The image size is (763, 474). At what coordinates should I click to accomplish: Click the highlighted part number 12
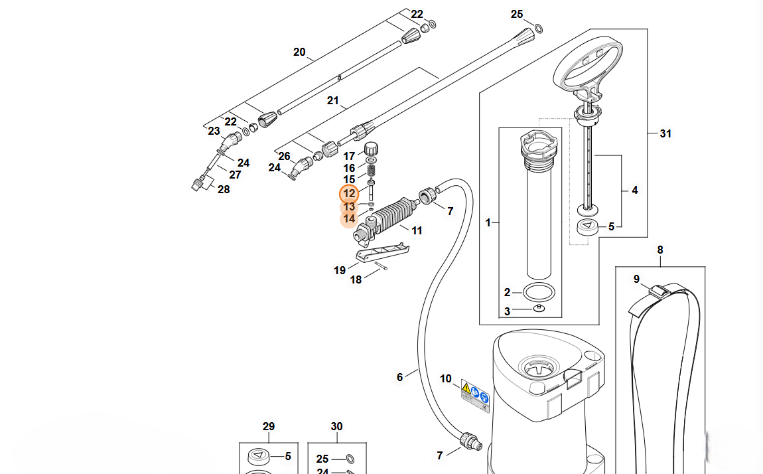point(349,194)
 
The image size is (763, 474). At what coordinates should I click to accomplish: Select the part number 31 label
point(665,133)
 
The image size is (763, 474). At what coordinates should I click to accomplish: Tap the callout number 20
point(299,52)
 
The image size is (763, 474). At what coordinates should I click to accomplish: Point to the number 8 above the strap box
point(660,250)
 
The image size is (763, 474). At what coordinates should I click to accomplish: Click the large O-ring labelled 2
point(539,293)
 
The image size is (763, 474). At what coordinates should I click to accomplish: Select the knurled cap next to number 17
point(372,148)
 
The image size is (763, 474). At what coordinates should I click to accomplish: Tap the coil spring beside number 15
point(372,171)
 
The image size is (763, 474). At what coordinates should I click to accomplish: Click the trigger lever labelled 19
point(382,252)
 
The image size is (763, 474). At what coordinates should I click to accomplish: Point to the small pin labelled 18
point(381,266)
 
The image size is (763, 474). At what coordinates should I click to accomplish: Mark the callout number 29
point(269,426)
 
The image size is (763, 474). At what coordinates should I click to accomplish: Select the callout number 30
point(337,426)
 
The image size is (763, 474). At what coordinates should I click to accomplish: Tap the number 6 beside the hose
point(399,377)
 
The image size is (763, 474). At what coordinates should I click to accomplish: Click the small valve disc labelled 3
point(539,308)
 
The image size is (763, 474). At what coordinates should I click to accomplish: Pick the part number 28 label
point(224,189)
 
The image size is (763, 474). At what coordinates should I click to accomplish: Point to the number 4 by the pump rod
point(634,190)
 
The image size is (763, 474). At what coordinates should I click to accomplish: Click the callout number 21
point(333,100)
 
